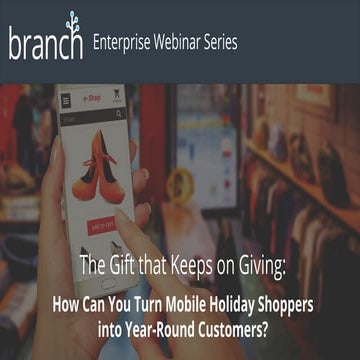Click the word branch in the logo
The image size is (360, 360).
click(x=44, y=45)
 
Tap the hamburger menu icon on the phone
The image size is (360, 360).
click(x=67, y=101)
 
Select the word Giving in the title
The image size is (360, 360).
click(x=260, y=267)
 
